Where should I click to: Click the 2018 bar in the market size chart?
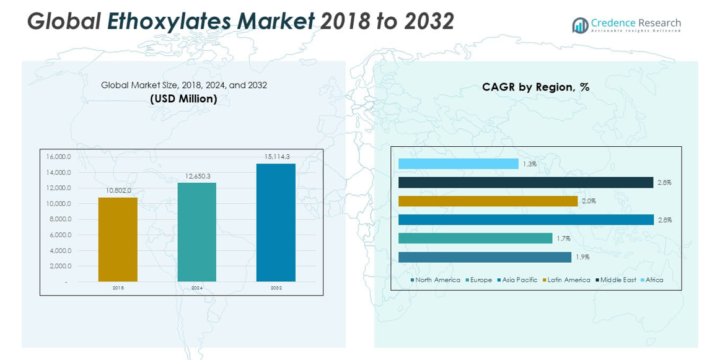(x=118, y=240)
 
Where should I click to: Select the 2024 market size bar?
(x=197, y=232)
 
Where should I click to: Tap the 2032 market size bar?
(x=276, y=223)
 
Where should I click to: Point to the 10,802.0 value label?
(x=118, y=191)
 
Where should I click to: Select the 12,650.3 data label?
(x=198, y=177)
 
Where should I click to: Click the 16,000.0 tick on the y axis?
(x=59, y=157)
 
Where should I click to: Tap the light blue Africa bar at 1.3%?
(x=458, y=164)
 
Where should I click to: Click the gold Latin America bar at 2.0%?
(x=488, y=201)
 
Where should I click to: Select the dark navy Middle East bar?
(x=525, y=182)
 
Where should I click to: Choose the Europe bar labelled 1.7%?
(x=475, y=238)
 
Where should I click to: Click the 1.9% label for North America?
(x=582, y=257)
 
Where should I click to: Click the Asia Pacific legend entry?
(x=519, y=280)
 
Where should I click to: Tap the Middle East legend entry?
(x=618, y=280)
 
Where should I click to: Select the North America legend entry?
(x=437, y=280)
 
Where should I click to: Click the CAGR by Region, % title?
(x=535, y=87)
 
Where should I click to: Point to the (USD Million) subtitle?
(x=183, y=99)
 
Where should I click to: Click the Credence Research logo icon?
(x=580, y=25)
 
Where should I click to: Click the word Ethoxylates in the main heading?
(x=210, y=22)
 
